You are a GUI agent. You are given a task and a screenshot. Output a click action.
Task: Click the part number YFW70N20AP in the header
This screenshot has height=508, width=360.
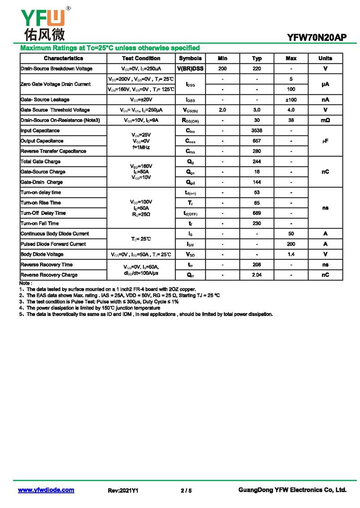pos(317,38)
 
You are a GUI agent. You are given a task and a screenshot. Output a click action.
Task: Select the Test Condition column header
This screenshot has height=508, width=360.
pos(141,58)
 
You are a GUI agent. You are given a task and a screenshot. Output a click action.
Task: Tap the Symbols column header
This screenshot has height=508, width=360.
pos(190,58)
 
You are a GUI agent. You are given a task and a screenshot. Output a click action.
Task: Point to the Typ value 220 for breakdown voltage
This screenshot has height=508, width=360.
pos(257,69)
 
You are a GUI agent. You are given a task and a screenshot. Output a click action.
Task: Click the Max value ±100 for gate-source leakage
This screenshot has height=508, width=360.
pos(291,100)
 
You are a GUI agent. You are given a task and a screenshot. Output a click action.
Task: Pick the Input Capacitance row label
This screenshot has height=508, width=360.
pos(40,131)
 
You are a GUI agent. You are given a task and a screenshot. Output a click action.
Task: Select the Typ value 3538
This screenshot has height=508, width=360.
pos(257,131)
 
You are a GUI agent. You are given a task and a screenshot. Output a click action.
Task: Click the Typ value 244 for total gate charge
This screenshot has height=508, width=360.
pos(257,162)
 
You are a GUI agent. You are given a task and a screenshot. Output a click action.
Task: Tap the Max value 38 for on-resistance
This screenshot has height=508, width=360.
pos(291,120)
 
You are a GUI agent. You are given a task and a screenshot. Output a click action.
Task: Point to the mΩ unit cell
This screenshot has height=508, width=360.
pos(325,120)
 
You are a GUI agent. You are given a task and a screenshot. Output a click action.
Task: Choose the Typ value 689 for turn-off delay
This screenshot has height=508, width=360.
pos(257,213)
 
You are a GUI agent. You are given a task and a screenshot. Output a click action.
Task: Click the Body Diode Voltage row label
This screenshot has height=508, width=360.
pos(42,254)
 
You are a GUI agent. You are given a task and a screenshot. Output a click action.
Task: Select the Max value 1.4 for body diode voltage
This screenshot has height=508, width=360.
pos(291,254)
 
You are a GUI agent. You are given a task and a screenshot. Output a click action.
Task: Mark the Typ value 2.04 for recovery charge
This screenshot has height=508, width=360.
pos(257,275)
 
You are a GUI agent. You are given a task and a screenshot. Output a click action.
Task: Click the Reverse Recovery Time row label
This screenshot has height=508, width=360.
pos(46,265)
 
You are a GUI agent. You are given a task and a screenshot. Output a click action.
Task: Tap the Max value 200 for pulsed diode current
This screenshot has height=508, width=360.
pos(291,244)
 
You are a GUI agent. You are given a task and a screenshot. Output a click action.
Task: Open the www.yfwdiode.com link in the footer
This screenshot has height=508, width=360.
pos(46,490)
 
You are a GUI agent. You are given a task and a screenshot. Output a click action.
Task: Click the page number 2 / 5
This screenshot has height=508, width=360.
pos(186,491)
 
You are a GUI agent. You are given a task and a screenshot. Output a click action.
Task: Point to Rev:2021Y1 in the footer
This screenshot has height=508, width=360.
pos(123,491)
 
